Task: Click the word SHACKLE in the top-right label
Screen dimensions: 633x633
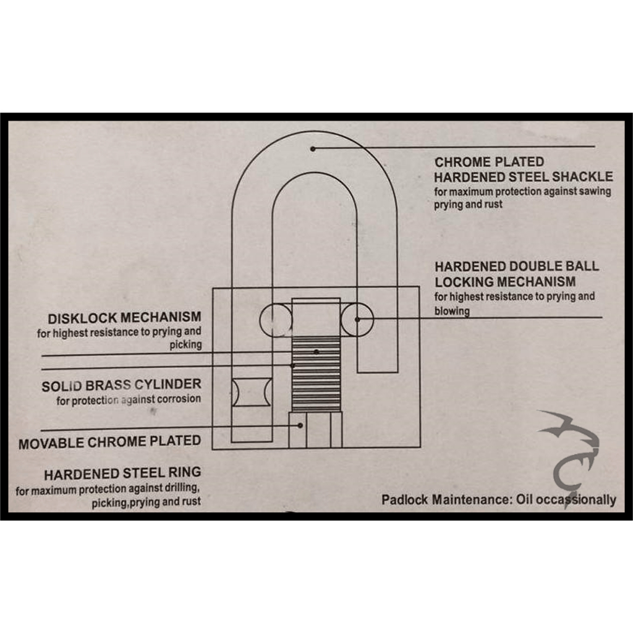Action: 582,176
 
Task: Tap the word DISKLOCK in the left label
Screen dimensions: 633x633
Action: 83,318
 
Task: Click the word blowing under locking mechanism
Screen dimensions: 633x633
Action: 452,311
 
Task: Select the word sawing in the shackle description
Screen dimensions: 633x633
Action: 595,191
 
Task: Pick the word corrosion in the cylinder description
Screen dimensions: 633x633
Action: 179,399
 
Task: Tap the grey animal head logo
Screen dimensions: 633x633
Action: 570,456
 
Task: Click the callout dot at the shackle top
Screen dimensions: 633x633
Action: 312,149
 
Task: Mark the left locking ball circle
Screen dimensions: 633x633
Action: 276,320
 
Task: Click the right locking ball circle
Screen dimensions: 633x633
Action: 357,320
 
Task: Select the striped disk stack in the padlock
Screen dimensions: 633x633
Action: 316,375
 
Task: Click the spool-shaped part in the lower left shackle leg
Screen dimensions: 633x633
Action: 252,392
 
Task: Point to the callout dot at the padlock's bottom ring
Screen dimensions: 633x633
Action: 300,425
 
